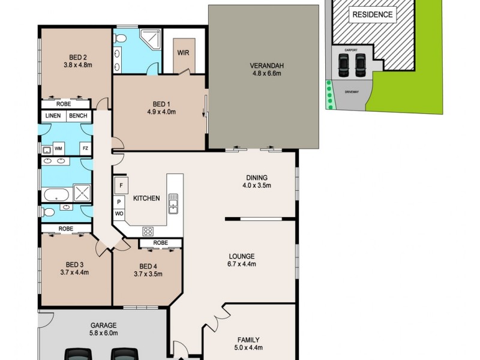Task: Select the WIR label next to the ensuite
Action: click(183, 52)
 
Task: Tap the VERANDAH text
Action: click(264, 65)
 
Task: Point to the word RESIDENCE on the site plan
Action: click(373, 14)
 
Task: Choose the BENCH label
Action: click(78, 116)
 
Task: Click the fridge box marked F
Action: click(121, 185)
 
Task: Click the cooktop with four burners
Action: click(148, 231)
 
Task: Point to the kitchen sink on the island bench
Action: click(173, 203)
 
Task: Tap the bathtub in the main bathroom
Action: click(56, 194)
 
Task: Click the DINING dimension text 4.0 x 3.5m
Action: click(257, 185)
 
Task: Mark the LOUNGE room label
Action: click(242, 256)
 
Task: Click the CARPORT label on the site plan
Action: click(352, 50)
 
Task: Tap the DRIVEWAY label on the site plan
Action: click(352, 92)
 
